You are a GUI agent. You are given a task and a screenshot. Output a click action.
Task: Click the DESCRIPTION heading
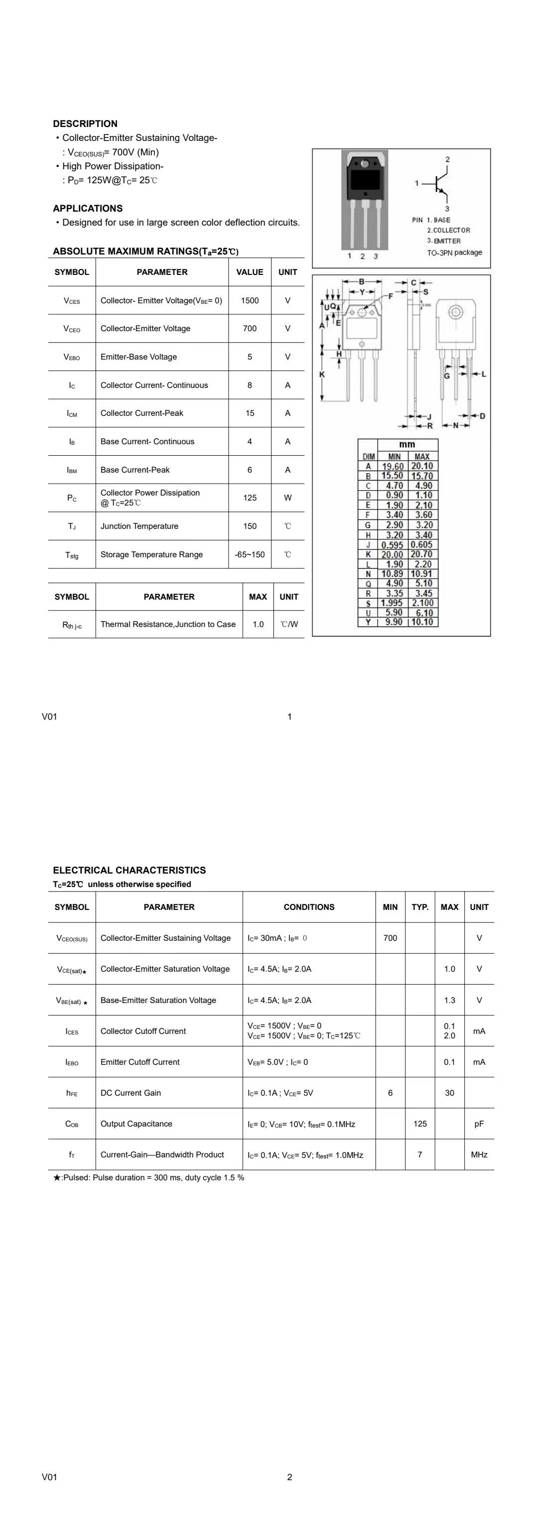click(x=85, y=124)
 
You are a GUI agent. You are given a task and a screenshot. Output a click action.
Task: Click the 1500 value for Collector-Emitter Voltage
click(x=250, y=300)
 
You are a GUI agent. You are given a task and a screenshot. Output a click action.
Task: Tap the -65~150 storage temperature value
click(x=250, y=554)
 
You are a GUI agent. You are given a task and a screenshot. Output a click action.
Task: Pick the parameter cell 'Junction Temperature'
click(x=139, y=526)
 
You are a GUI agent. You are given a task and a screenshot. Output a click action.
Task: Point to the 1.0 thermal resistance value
click(x=258, y=624)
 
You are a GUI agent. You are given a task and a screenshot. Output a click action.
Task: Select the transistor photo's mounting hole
click(x=364, y=163)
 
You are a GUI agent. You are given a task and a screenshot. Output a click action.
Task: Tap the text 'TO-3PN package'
click(x=455, y=253)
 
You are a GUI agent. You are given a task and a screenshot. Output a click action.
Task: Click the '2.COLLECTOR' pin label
click(x=449, y=230)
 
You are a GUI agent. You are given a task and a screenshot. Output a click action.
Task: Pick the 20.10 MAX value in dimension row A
click(x=422, y=466)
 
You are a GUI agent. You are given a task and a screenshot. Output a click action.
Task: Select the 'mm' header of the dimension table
click(x=407, y=445)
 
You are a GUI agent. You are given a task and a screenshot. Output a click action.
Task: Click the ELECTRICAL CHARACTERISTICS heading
click(x=130, y=871)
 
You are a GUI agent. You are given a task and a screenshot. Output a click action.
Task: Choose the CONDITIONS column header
click(x=309, y=907)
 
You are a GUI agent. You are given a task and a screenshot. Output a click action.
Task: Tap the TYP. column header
click(x=420, y=907)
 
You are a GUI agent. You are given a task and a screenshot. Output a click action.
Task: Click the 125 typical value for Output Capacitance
click(x=420, y=1124)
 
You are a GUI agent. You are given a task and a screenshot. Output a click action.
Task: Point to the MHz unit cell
click(x=479, y=1154)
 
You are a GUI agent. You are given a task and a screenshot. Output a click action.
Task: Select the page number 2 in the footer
click(x=289, y=1477)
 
